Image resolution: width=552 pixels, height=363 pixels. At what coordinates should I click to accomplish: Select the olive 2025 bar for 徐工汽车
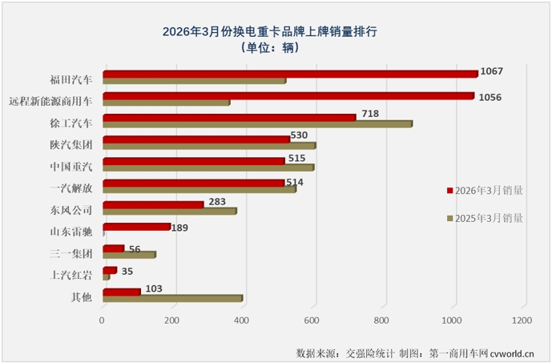[256, 124]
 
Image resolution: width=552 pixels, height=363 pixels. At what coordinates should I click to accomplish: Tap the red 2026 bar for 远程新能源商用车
[287, 96]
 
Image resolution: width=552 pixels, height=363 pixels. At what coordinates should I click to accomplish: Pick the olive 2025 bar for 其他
[171, 299]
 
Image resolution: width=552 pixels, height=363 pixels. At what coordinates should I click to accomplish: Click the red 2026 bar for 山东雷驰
[136, 227]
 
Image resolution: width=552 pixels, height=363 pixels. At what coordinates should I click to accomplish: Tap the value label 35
[127, 271]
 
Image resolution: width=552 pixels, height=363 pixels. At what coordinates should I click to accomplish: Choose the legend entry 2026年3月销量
[485, 191]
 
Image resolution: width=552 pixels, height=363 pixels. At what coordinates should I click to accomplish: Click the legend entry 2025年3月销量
[485, 217]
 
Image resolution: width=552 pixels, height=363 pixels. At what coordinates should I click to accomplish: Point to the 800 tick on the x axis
[385, 321]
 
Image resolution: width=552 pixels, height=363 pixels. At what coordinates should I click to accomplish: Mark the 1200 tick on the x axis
[524, 321]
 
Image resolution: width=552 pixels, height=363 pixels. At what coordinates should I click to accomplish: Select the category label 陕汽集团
[71, 145]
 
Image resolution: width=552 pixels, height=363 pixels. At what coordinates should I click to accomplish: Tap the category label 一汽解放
[71, 188]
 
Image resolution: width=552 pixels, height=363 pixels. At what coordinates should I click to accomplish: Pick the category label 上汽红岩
[71, 275]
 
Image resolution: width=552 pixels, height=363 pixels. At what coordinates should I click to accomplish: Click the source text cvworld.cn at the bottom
[518, 352]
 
